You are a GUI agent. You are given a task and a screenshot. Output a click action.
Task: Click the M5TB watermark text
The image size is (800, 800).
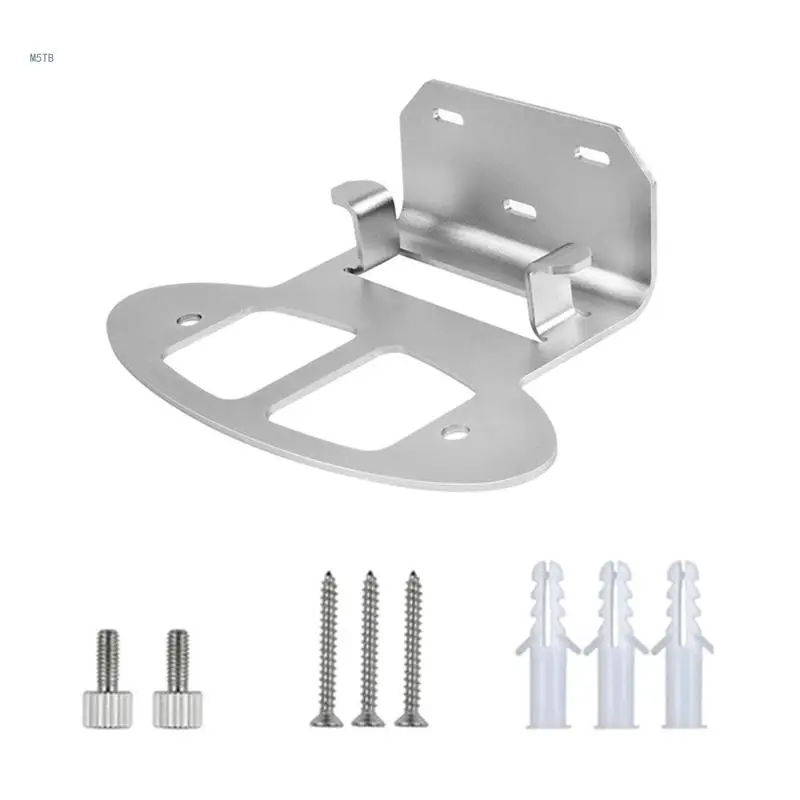[x=41, y=57]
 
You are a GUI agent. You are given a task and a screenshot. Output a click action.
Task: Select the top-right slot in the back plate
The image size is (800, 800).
[x=591, y=155]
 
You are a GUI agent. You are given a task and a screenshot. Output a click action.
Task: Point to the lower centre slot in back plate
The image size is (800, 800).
[x=519, y=208]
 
